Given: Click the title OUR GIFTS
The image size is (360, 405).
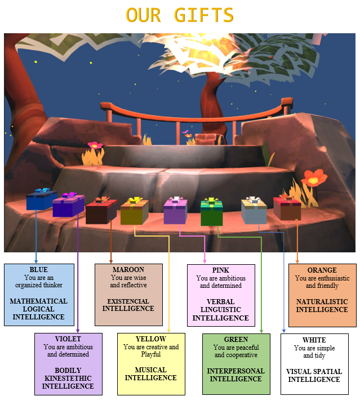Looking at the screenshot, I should click(180, 15).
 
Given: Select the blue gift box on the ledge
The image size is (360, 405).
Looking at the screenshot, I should click(41, 200).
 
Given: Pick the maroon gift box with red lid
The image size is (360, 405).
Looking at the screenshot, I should click(101, 211).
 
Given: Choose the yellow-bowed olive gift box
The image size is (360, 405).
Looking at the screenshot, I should click(134, 212).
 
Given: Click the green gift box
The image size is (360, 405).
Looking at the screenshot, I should click(212, 212).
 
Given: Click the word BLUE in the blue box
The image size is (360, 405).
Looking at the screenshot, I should click(39, 270).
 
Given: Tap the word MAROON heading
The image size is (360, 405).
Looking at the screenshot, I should click(128, 270).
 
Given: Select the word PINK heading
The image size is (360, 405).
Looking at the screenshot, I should click(221, 270).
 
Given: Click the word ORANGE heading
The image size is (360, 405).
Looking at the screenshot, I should click(322, 270).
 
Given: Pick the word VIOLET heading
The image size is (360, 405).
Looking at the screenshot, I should click(68, 340).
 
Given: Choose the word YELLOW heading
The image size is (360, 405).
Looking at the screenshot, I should click(151, 339).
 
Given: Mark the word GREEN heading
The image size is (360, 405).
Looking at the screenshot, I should click(235, 340).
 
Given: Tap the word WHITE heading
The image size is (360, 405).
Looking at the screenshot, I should click(314, 340).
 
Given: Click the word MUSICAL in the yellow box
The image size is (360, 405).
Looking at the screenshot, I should click(151, 370).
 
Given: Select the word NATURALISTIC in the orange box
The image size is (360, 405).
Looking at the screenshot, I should click(322, 302).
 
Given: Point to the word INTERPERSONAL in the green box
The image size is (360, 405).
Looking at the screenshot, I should click(235, 371).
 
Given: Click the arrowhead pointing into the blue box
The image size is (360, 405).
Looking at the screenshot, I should click(36, 261).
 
